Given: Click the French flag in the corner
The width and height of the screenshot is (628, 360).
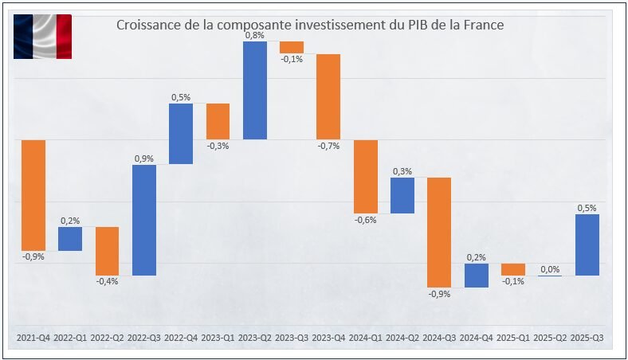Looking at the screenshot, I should point(42,37).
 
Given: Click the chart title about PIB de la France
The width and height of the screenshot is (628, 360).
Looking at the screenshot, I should point(310,25).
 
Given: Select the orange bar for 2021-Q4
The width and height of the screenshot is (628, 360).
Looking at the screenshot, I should point(33,195).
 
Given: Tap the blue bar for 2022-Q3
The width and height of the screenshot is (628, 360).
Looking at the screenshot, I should point(144,220).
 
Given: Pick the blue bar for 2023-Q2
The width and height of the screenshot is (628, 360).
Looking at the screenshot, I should point(255,90).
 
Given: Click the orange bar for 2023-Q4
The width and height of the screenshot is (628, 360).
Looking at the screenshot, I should point(328,96).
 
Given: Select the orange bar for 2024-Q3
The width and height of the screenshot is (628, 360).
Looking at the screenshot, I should point(439,232).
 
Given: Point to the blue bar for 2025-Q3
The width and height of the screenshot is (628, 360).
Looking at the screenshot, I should point(587,245).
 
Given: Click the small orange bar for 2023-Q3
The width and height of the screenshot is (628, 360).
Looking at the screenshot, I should point(292,47).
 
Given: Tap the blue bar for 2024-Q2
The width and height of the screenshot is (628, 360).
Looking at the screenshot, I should point(402,195).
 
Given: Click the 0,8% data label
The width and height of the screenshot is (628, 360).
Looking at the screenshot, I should point(255,35).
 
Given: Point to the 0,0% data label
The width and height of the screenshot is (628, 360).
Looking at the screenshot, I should point(550,269).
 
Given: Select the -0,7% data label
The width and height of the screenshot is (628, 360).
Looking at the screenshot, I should point(328,146).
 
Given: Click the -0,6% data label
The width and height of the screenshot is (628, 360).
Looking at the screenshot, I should point(365,220).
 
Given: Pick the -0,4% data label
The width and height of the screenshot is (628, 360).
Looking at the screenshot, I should point(107,281).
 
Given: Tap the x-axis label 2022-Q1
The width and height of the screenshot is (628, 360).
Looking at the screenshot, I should point(70,338).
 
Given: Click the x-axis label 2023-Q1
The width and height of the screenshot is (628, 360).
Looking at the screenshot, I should point(218,338).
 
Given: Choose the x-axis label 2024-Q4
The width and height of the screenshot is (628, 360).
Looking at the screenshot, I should point(476,338).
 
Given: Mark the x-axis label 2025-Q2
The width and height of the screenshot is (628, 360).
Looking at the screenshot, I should point(550,338).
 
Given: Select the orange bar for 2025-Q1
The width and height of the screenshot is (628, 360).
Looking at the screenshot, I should point(513,269).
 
